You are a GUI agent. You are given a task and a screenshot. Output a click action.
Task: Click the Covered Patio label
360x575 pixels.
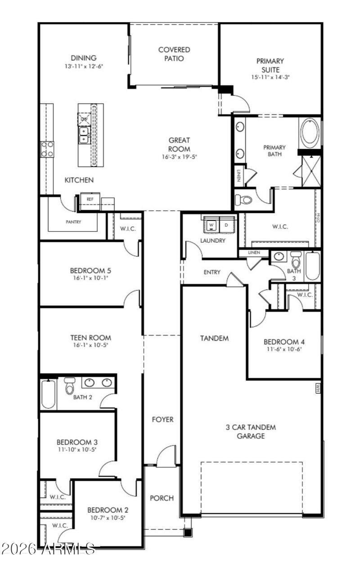tap(174, 54)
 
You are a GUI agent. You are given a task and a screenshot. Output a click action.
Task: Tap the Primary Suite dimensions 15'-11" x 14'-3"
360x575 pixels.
tap(270, 77)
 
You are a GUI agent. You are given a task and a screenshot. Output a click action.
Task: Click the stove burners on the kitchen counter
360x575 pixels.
tap(47, 149)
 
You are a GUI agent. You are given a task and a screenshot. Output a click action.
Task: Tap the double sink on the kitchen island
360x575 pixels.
tap(84, 134)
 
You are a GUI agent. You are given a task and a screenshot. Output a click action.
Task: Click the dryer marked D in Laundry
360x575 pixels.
tap(226, 224)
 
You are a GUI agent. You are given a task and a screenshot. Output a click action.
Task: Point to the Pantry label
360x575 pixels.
tap(73, 222)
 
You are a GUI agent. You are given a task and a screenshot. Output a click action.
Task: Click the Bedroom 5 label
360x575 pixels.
tap(90, 271)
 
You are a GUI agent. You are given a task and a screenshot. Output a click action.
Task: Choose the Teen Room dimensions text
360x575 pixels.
tap(90, 345)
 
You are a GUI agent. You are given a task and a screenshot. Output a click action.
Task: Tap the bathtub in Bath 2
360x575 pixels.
tap(48, 394)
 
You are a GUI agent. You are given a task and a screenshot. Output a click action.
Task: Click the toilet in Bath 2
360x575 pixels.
tap(69, 386)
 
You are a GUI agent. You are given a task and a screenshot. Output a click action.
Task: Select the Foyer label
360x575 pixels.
tap(162, 419)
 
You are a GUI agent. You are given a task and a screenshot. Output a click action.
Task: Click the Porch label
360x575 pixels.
tap(162, 498)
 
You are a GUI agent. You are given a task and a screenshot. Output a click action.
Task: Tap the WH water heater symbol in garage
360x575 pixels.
tap(317, 388)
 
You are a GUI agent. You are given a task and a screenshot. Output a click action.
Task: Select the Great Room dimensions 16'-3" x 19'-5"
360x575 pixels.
tap(180, 157)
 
